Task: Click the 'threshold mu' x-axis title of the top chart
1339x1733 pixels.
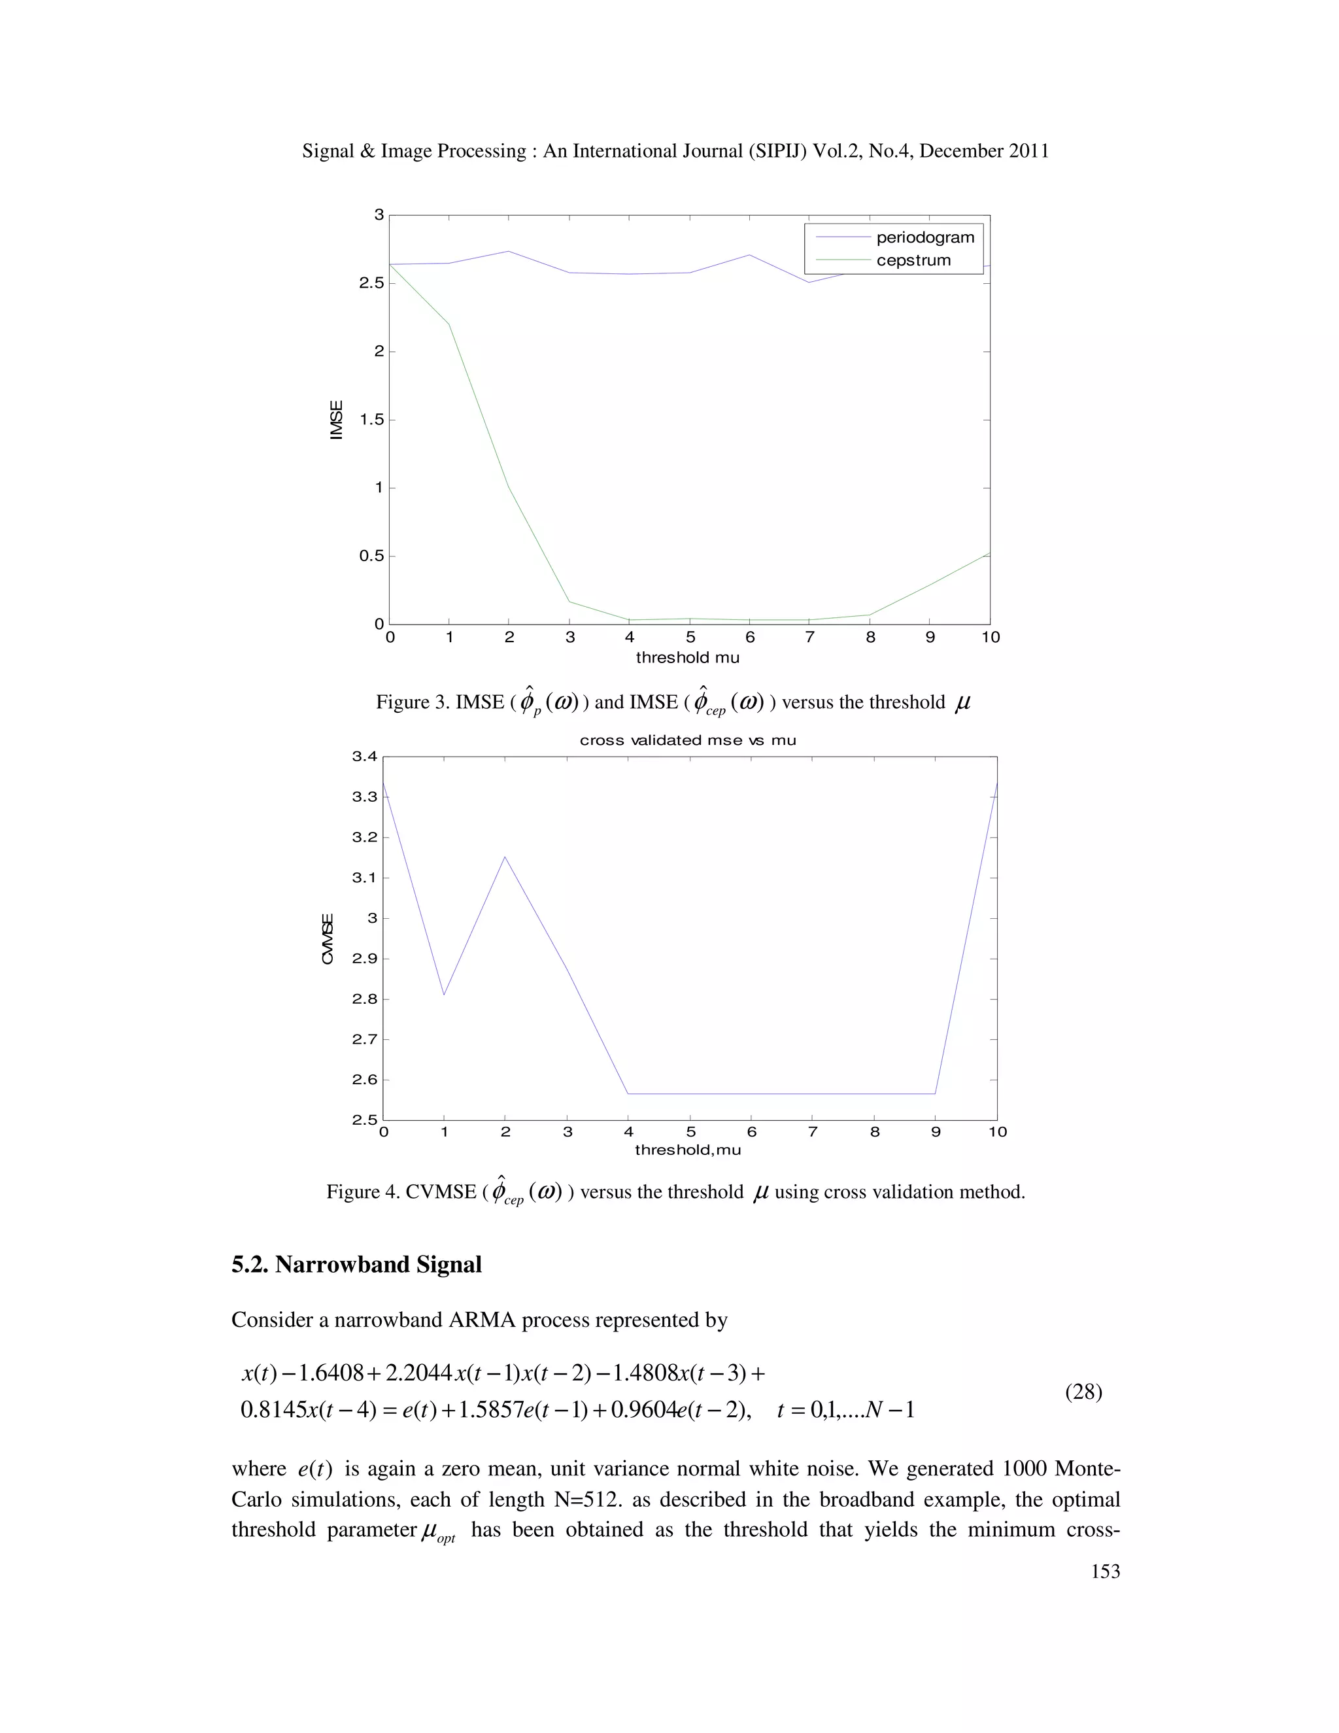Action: pos(687,657)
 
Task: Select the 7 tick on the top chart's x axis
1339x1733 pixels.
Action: pos(810,637)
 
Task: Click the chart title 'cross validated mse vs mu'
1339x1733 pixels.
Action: pos(687,740)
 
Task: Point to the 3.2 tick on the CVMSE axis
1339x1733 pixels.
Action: pos(364,837)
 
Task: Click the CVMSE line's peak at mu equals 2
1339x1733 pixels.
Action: pos(505,856)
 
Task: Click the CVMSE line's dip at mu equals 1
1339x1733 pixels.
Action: pos(444,994)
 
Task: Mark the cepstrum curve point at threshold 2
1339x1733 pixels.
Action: pos(509,487)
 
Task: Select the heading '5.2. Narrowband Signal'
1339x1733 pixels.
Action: pos(356,1264)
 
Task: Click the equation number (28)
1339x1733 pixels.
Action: pos(1083,1392)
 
